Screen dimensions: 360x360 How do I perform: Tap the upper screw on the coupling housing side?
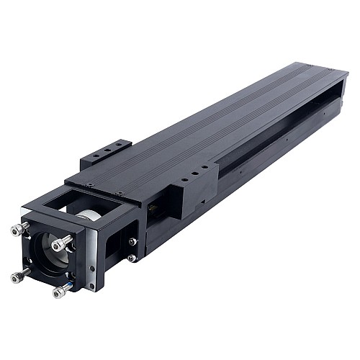pos(132,241)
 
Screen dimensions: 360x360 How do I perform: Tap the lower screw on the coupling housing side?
pos(132,258)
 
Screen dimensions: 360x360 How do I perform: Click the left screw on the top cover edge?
pos(89,184)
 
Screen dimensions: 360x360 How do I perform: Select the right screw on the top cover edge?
pos(120,193)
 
